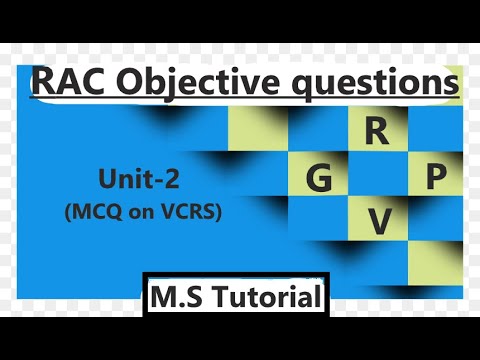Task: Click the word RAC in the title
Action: click(x=70, y=83)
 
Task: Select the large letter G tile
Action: click(x=318, y=179)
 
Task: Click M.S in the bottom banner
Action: click(x=177, y=297)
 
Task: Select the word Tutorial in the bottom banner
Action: click(x=262, y=297)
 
